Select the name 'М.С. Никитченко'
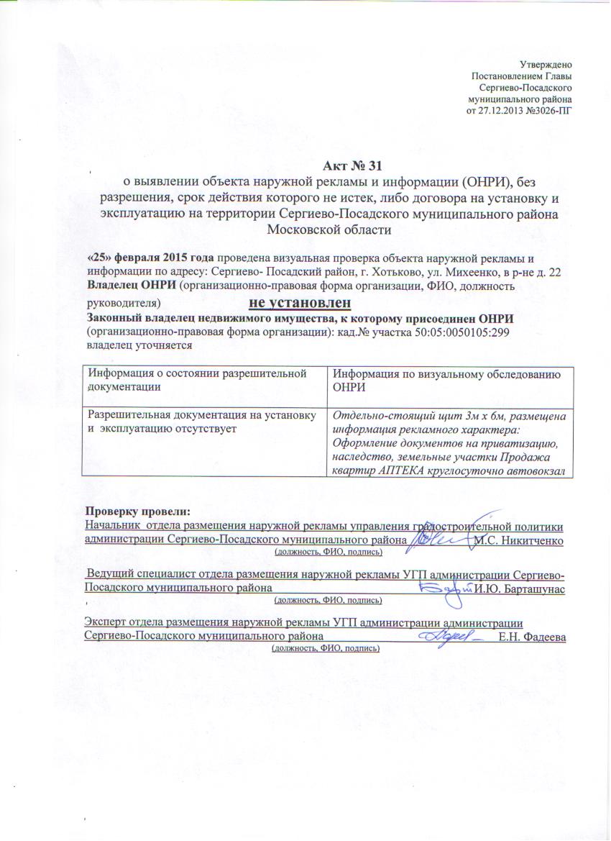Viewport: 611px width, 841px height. [519, 540]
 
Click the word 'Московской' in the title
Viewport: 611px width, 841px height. [296, 229]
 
